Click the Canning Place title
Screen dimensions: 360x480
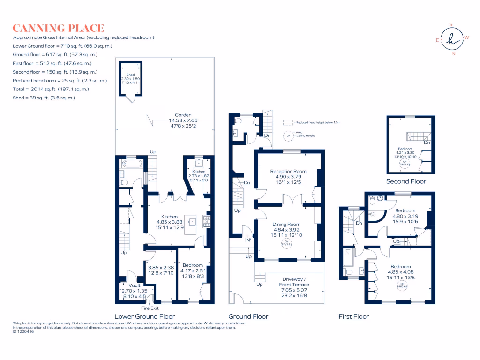click(x=59, y=28)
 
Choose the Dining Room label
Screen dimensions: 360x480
click(x=286, y=227)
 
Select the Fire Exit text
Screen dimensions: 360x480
click(x=150, y=308)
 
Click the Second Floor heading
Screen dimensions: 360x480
click(x=406, y=181)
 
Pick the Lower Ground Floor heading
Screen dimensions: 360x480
click(x=144, y=316)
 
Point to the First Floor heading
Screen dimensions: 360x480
click(x=353, y=316)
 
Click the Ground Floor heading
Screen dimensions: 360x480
click(x=248, y=316)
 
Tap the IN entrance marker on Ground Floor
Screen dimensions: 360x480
click(x=248, y=240)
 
